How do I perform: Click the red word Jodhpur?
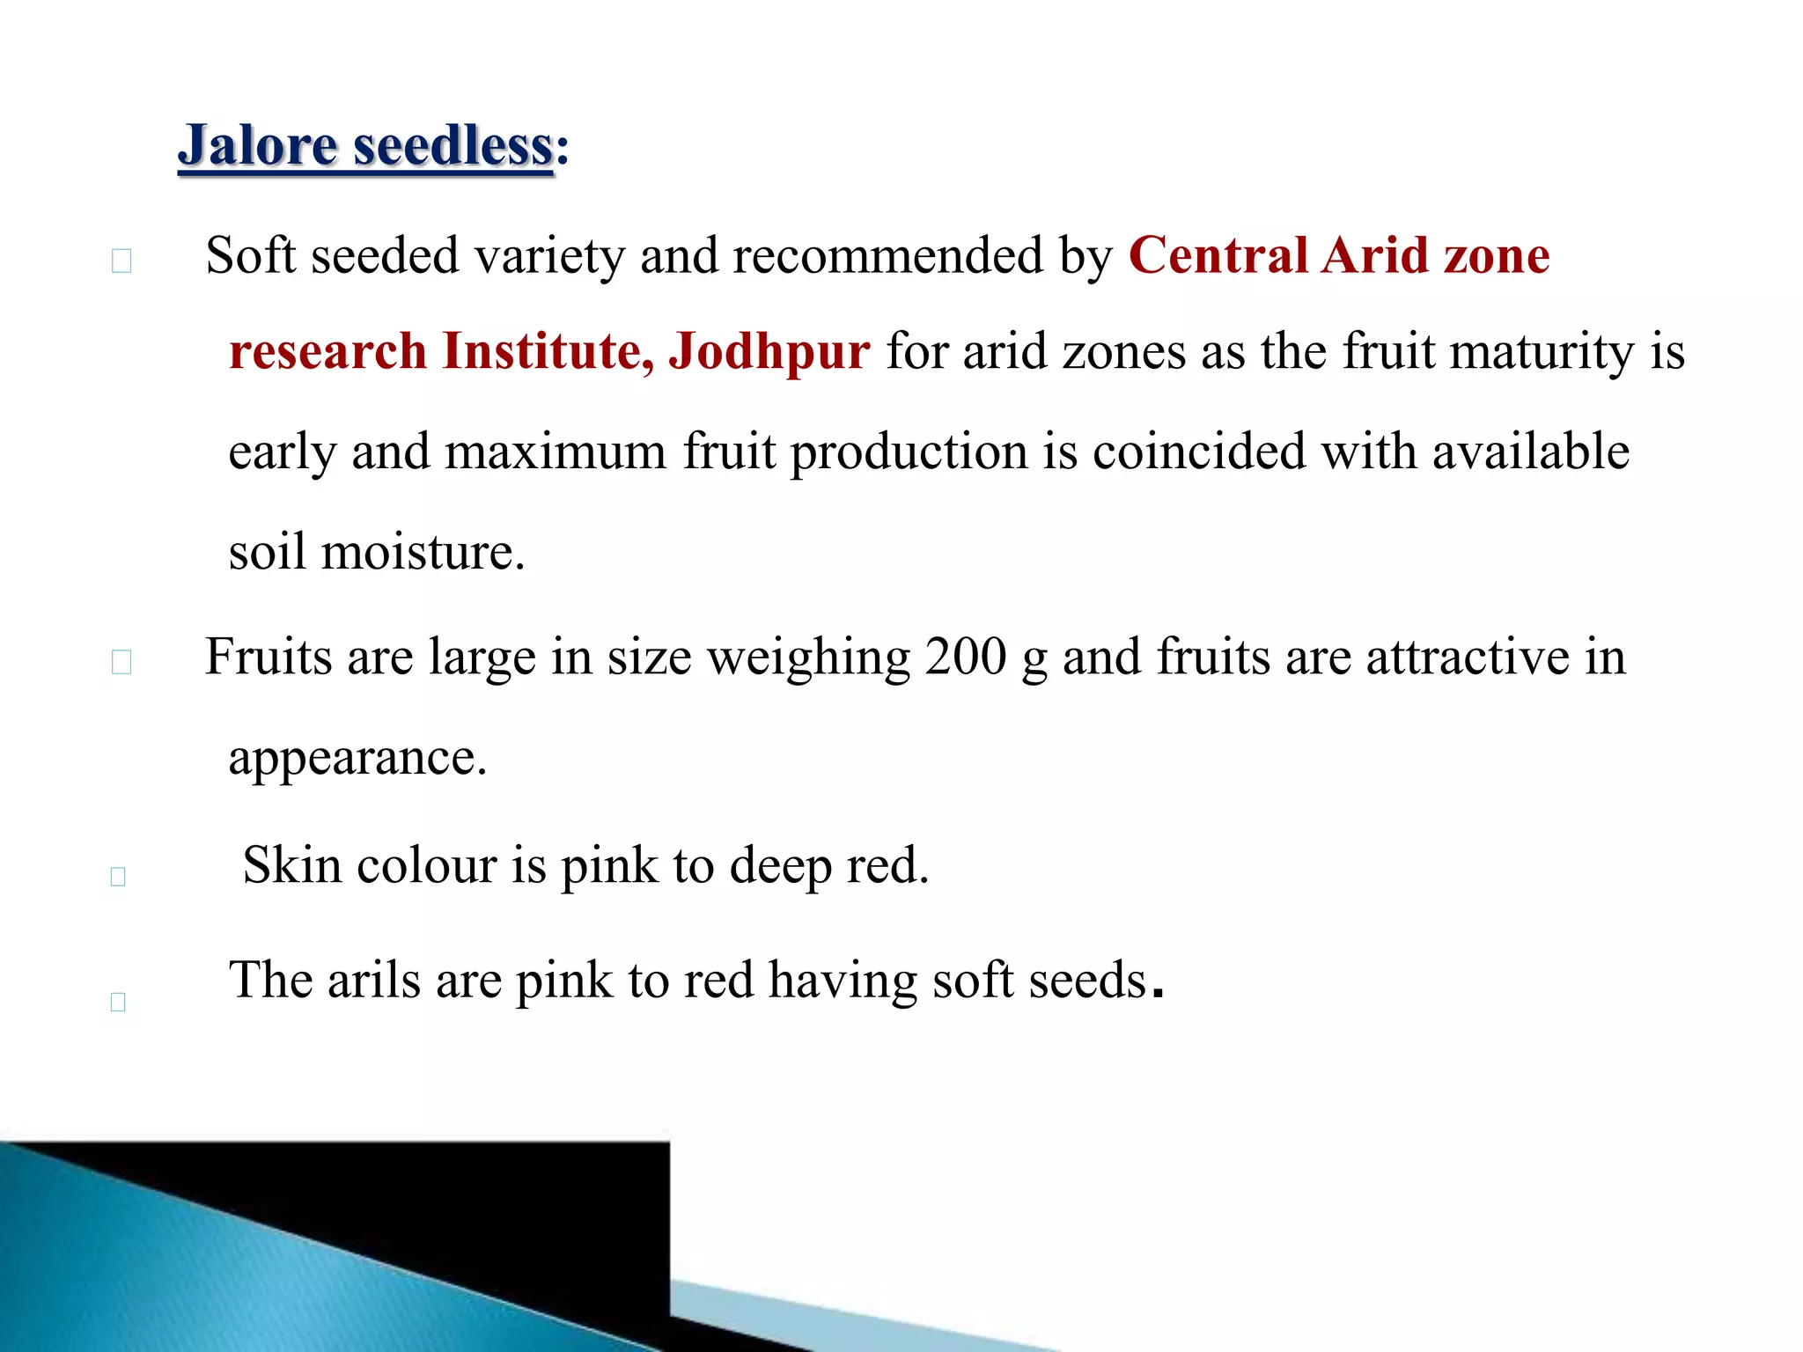click(x=769, y=350)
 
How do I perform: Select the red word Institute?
click(x=547, y=350)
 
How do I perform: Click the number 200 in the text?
click(x=966, y=657)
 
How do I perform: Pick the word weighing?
click(x=808, y=658)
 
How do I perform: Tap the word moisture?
click(x=423, y=553)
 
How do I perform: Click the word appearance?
click(x=357, y=758)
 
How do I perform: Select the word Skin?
click(x=292, y=864)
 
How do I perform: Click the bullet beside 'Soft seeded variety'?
click(x=121, y=261)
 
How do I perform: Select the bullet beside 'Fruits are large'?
click(x=121, y=662)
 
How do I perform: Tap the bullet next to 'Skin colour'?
click(x=118, y=877)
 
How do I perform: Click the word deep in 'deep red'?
click(x=780, y=866)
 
